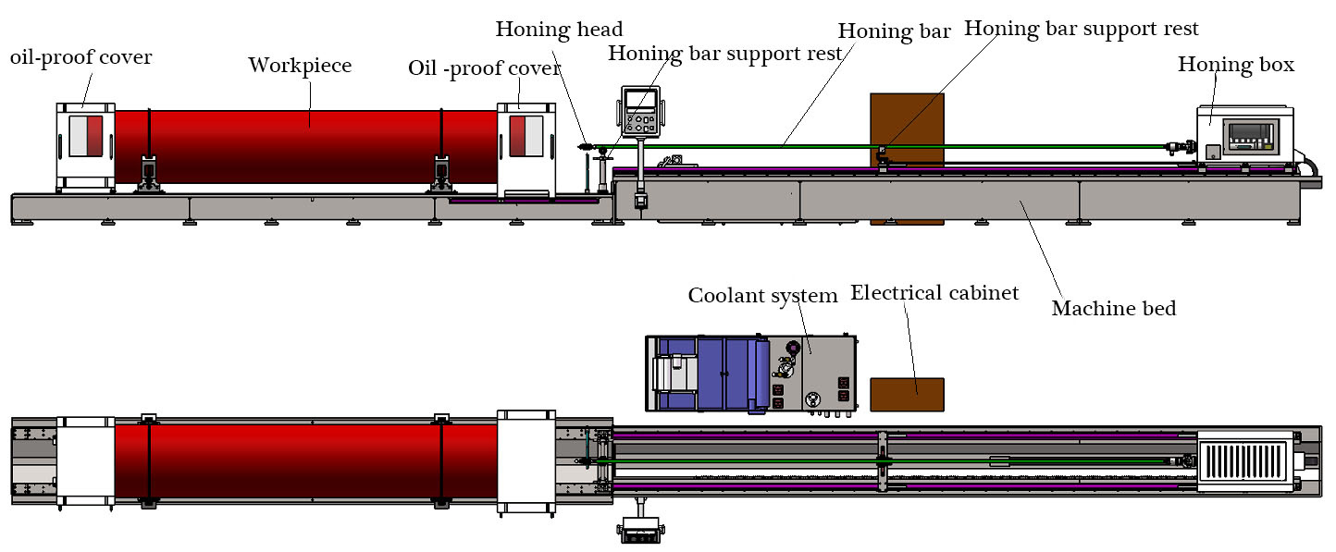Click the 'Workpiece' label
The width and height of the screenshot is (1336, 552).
(x=300, y=66)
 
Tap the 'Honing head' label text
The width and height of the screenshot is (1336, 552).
(x=559, y=30)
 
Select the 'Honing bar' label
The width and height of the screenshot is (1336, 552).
(x=894, y=31)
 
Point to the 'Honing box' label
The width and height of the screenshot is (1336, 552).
(x=1236, y=65)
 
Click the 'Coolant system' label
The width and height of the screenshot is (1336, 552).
(x=762, y=296)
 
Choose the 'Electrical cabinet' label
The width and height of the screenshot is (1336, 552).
(x=934, y=293)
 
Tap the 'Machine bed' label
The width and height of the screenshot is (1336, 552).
(x=1114, y=308)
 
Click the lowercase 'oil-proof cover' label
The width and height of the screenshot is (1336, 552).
(x=81, y=58)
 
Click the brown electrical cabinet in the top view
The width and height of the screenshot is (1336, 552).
(x=908, y=395)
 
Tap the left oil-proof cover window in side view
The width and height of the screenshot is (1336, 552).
(x=86, y=136)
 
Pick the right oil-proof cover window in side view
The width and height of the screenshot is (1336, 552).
(x=526, y=136)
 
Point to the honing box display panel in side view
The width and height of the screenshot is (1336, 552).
(x=1251, y=137)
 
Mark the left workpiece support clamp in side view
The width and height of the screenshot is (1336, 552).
(x=149, y=174)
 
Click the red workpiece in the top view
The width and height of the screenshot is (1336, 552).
(x=306, y=460)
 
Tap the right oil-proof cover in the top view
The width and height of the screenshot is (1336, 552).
(x=526, y=460)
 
